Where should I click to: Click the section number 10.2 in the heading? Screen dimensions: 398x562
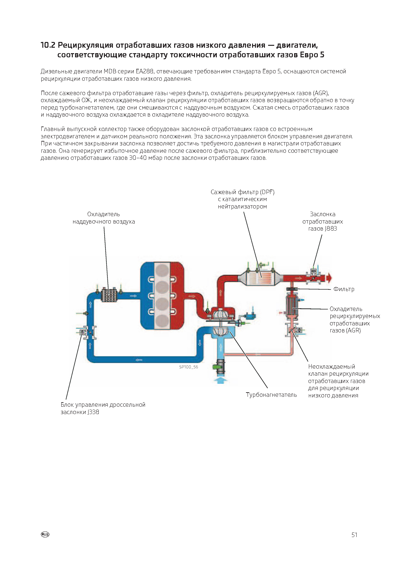(x=48, y=45)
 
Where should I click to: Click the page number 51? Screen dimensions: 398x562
(x=354, y=535)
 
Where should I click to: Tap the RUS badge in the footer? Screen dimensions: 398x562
(x=45, y=534)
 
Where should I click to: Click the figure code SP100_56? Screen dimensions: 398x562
(x=189, y=367)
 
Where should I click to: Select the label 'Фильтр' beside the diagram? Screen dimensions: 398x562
(x=344, y=289)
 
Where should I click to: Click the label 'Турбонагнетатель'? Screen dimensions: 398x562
(x=271, y=395)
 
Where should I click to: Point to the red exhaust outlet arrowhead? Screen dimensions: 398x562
(x=330, y=278)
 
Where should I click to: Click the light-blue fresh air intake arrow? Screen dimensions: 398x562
(x=223, y=381)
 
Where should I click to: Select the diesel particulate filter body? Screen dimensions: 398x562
(x=260, y=277)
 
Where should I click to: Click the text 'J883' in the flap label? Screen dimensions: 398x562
(x=331, y=229)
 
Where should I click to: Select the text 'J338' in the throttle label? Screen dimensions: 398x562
(x=93, y=412)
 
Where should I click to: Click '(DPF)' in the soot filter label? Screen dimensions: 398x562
(x=267, y=192)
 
